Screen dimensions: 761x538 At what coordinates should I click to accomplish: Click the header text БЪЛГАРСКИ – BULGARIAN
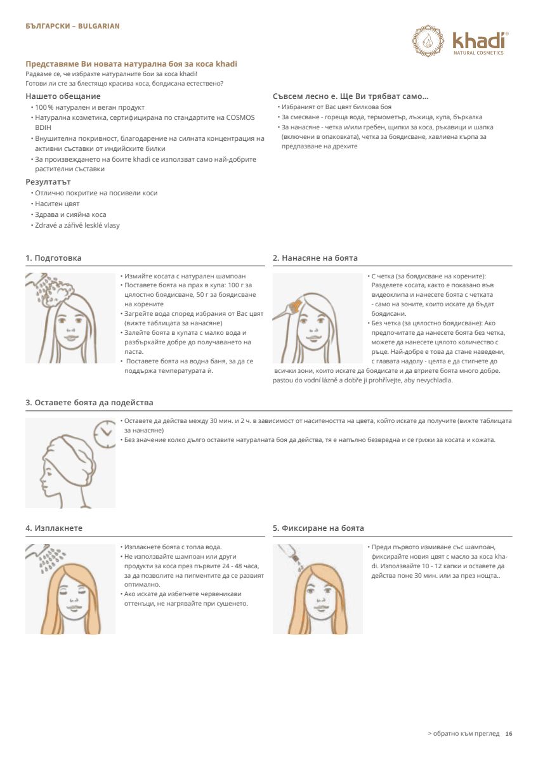pyautogui.click(x=72, y=26)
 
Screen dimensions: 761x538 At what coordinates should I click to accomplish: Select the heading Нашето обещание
pyautogui.click(x=63, y=96)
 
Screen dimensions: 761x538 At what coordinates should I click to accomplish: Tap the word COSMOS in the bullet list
pyautogui.click(x=239, y=117)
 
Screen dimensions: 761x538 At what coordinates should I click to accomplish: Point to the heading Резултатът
pyautogui.click(x=48, y=182)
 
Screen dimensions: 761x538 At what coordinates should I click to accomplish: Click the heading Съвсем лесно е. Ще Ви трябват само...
pyautogui.click(x=350, y=96)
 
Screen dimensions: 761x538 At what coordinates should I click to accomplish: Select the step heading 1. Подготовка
pyautogui.click(x=53, y=258)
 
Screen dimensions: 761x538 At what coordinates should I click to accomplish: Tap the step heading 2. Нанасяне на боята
pyautogui.click(x=315, y=258)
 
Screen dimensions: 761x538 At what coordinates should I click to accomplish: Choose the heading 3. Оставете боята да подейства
pyautogui.click(x=89, y=403)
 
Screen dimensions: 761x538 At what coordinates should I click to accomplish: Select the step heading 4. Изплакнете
pyautogui.click(x=54, y=528)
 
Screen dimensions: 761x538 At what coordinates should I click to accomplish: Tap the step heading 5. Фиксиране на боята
pyautogui.click(x=318, y=528)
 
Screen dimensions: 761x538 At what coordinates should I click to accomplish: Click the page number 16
pyautogui.click(x=508, y=734)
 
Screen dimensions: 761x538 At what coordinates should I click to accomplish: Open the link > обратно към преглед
pyautogui.click(x=463, y=734)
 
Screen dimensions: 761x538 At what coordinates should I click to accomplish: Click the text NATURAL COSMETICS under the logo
pyautogui.click(x=478, y=53)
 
